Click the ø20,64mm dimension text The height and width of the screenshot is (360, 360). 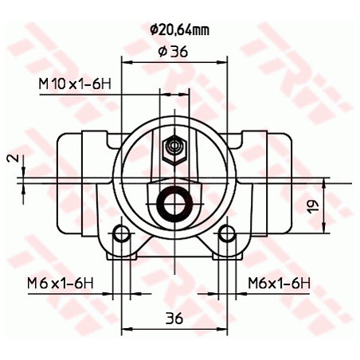pyautogui.click(x=179, y=30)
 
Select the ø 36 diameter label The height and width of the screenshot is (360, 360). pyautogui.click(x=173, y=51)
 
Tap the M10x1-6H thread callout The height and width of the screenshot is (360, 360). pyautogui.click(x=75, y=84)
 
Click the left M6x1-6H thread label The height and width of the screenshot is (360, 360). pyautogui.click(x=61, y=284)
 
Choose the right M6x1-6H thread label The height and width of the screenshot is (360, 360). pyautogui.click(x=279, y=284)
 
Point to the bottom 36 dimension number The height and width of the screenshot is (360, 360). pyautogui.click(x=174, y=318)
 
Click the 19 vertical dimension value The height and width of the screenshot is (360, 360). pyautogui.click(x=313, y=205)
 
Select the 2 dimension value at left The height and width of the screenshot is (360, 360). pyautogui.click(x=15, y=158)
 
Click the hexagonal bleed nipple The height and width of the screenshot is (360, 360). pyautogui.click(x=174, y=150)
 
